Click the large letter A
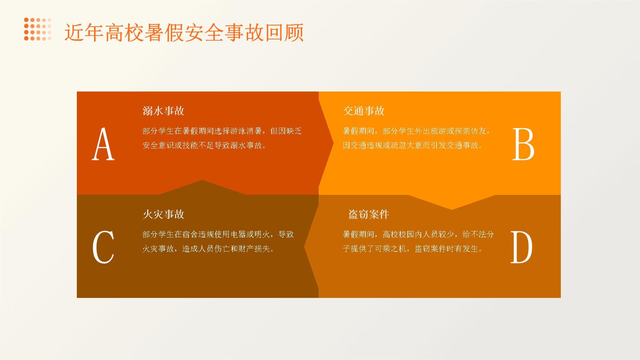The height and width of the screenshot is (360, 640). click(x=103, y=144)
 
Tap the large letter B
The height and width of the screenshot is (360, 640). click(x=523, y=144)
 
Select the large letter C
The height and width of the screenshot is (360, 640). click(x=103, y=247)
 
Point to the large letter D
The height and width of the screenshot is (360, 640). click(x=521, y=247)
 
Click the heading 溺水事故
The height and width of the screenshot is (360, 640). click(x=164, y=111)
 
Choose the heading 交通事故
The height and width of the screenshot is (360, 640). click(x=364, y=111)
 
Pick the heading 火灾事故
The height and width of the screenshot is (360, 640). click(x=164, y=214)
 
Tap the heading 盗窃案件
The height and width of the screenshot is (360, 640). click(x=369, y=214)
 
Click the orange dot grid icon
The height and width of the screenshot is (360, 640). click(x=37, y=29)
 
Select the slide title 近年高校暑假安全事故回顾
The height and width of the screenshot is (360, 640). click(x=184, y=32)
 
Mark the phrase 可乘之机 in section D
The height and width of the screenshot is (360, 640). click(x=391, y=249)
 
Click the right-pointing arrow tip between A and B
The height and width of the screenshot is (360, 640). click(x=333, y=143)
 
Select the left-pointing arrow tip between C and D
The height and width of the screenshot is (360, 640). click(x=304, y=247)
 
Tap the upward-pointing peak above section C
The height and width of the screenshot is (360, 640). click(x=202, y=180)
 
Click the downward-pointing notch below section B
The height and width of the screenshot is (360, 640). click(x=452, y=209)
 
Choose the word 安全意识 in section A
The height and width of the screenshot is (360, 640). click(x=158, y=145)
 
